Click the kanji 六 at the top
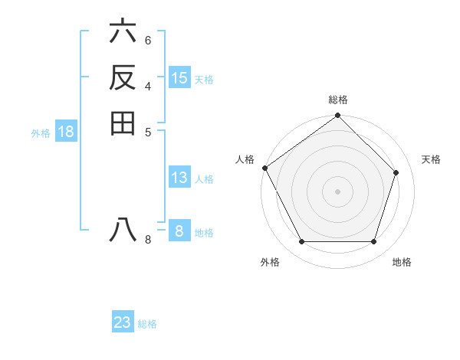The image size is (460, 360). pyautogui.click(x=123, y=33)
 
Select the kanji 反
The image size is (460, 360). pyautogui.click(x=123, y=77)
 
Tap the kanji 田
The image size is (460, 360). pyautogui.click(x=123, y=123)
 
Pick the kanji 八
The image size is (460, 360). pyautogui.click(x=123, y=230)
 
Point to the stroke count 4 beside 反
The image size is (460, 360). pyautogui.click(x=148, y=85)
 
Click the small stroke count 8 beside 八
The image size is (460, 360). pyautogui.click(x=148, y=240)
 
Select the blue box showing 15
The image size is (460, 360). pyautogui.click(x=179, y=78)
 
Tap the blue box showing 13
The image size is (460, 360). pyautogui.click(x=179, y=178)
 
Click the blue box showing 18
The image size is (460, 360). pyautogui.click(x=66, y=132)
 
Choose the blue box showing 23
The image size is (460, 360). pyautogui.click(x=123, y=322)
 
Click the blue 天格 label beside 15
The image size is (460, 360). pyautogui.click(x=204, y=80)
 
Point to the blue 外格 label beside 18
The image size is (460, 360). pyautogui.click(x=41, y=133)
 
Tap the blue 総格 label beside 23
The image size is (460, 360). pyautogui.click(x=147, y=324)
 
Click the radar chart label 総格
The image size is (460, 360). pyautogui.click(x=338, y=100)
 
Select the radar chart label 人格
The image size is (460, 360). pyautogui.click(x=245, y=159)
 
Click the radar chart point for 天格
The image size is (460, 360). pyautogui.click(x=396, y=172)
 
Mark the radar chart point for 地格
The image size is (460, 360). pyautogui.click(x=373, y=241)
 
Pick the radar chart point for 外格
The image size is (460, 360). pyautogui.click(x=301, y=241)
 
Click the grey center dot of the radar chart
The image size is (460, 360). pyautogui.click(x=337, y=191)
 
